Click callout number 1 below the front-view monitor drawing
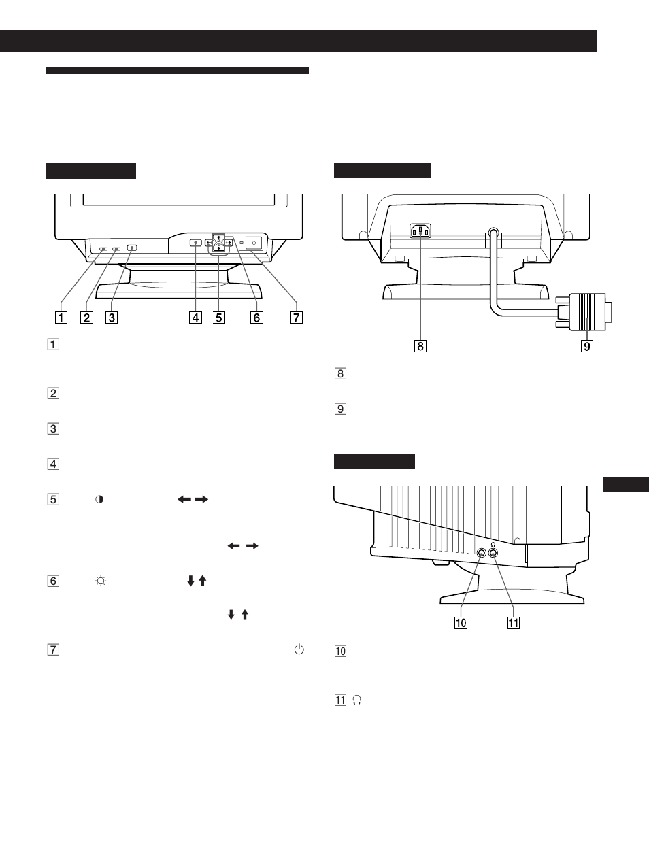[61, 317]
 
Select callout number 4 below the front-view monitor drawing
[196, 317]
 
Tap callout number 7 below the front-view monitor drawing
[297, 317]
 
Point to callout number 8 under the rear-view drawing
[420, 346]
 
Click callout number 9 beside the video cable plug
[586, 346]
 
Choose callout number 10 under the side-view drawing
[461, 623]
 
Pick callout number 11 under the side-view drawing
[513, 623]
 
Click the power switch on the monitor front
[254, 242]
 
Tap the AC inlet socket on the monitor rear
[420, 231]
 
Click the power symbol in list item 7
[298, 649]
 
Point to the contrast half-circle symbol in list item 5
[99, 499]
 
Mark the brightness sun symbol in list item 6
[101, 581]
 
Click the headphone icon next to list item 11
[357, 700]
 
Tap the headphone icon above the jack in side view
[493, 544]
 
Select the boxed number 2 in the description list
[53, 393]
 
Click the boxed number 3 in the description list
[53, 429]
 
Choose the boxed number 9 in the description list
[340, 409]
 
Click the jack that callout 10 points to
[482, 553]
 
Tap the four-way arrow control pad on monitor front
[218, 243]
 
